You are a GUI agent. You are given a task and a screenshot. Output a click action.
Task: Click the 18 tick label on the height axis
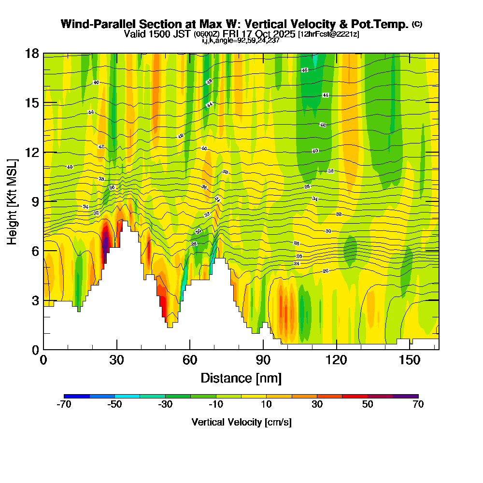point(32,53)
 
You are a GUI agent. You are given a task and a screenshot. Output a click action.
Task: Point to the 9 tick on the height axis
point(43,201)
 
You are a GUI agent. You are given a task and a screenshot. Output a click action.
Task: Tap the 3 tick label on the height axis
point(35,300)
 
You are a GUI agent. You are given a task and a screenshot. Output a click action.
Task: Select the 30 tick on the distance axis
point(116,349)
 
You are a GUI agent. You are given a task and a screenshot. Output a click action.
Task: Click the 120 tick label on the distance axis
point(336,360)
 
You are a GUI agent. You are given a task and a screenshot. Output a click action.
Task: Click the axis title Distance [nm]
point(241,378)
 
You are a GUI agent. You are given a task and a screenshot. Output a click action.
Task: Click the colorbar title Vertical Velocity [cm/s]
point(241,422)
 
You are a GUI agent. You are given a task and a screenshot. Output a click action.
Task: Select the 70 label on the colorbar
point(418,404)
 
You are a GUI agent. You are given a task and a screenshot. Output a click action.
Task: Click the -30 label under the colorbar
point(165,404)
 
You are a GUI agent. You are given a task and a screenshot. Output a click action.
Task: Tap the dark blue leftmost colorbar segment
point(76,396)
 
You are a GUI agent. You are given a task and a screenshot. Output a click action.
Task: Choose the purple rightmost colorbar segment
point(406,396)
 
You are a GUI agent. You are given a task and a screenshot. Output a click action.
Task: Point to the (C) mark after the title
point(417,24)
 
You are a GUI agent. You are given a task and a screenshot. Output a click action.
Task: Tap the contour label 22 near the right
point(326,271)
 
